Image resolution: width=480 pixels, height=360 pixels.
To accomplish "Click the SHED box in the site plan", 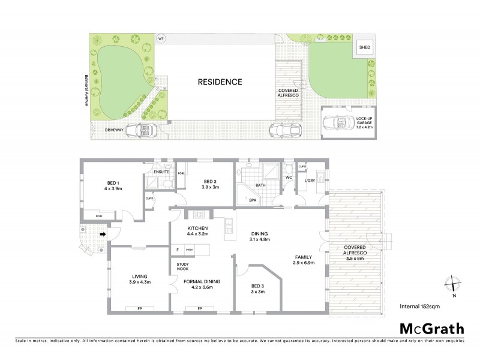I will (364, 47).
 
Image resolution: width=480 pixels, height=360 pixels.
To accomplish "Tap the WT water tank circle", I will (160, 39).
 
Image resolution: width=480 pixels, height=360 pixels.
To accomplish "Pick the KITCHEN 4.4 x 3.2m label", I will (197, 232).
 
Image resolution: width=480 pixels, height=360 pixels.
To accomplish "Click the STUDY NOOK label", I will (183, 266).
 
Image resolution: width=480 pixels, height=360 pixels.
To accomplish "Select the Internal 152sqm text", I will (419, 306).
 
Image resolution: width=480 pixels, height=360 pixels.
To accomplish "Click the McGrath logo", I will (431, 328).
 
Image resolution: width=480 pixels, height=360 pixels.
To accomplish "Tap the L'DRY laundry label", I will (310, 181).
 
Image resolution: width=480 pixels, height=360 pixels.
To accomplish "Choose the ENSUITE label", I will (162, 172).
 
